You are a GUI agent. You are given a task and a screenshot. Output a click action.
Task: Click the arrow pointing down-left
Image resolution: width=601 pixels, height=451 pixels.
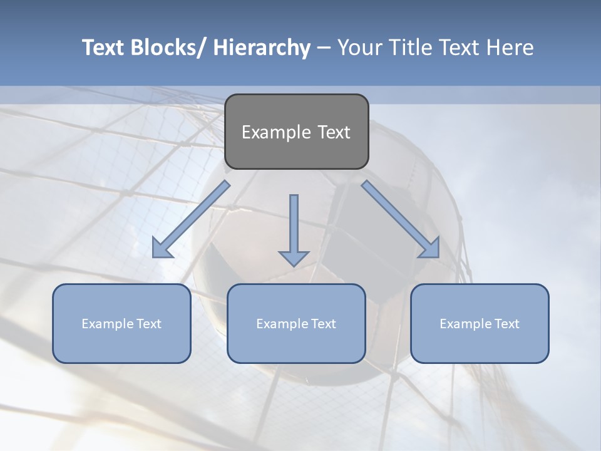(191, 219)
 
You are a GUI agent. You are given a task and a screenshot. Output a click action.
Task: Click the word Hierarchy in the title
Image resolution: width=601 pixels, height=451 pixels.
(262, 48)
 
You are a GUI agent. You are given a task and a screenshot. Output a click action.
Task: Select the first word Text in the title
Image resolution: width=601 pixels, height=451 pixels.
(103, 48)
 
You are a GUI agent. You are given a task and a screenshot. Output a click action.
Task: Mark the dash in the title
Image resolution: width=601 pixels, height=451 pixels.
(324, 48)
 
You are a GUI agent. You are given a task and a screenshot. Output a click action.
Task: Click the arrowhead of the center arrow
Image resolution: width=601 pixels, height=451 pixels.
(294, 257)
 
